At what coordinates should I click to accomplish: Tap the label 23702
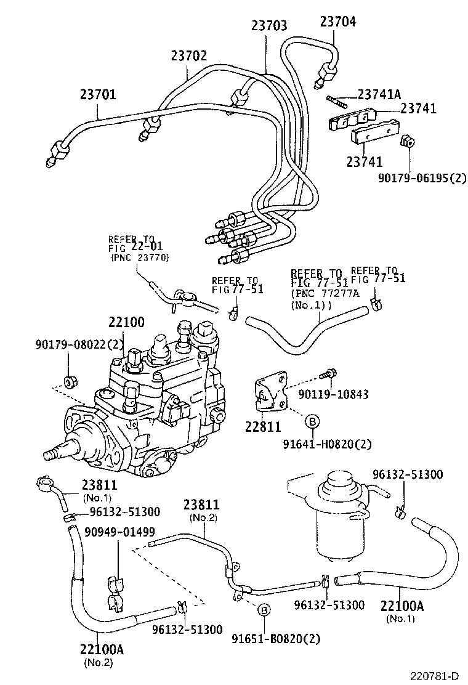click(189, 56)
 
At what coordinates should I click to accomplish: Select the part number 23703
click(269, 26)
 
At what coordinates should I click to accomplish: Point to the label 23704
click(337, 22)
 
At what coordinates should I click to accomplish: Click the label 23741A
click(379, 94)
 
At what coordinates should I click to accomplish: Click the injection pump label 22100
click(127, 322)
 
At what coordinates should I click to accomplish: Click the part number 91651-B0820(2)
click(276, 638)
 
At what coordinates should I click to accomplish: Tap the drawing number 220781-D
click(435, 676)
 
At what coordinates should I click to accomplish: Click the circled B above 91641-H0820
click(312, 421)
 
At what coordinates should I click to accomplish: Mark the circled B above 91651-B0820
click(264, 610)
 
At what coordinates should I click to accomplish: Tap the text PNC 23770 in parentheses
click(140, 257)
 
